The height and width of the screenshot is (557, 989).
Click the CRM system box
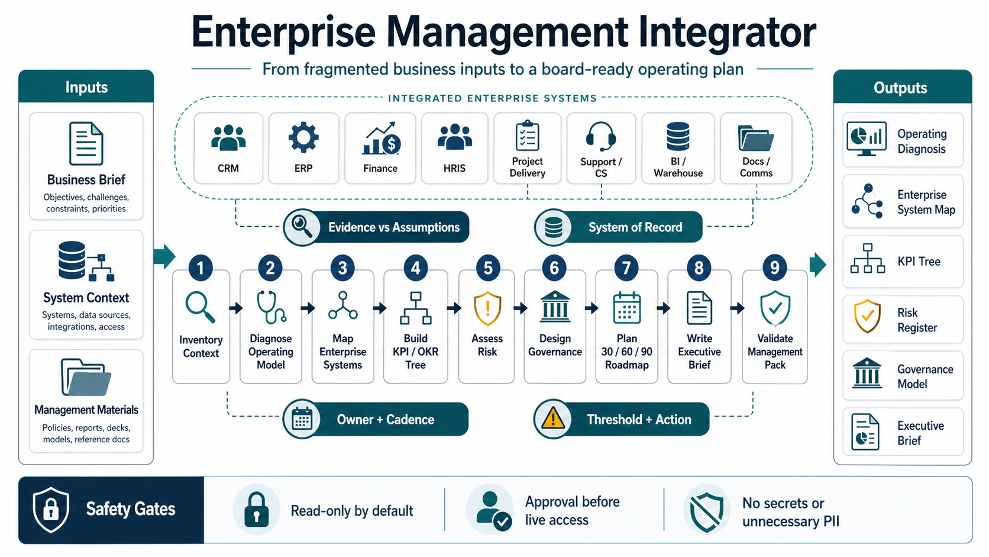click(x=228, y=148)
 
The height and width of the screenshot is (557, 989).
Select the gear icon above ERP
click(x=303, y=137)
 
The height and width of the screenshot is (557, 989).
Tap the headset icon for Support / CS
click(x=601, y=136)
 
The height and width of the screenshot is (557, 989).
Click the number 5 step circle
click(x=488, y=268)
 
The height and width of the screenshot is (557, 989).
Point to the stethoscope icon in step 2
click(x=271, y=307)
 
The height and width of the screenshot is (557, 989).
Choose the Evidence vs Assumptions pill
click(x=377, y=227)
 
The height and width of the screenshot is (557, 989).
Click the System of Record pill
click(x=619, y=227)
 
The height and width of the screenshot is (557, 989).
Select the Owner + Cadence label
click(x=385, y=420)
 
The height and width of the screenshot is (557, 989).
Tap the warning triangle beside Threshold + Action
click(x=553, y=418)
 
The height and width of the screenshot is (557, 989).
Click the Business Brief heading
click(x=86, y=180)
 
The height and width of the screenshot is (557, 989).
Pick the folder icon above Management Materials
click(x=86, y=377)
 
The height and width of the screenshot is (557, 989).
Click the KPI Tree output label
click(x=919, y=262)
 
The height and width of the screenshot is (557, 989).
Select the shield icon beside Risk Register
click(x=867, y=316)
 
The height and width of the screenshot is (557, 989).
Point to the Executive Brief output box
click(x=903, y=432)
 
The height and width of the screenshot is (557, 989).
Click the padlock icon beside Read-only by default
click(x=256, y=509)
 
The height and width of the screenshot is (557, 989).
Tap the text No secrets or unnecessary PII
click(x=790, y=512)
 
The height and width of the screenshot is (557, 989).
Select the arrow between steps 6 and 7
click(x=591, y=308)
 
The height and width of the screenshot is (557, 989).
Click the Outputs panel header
click(x=902, y=88)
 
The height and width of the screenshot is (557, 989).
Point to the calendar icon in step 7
click(x=627, y=307)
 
